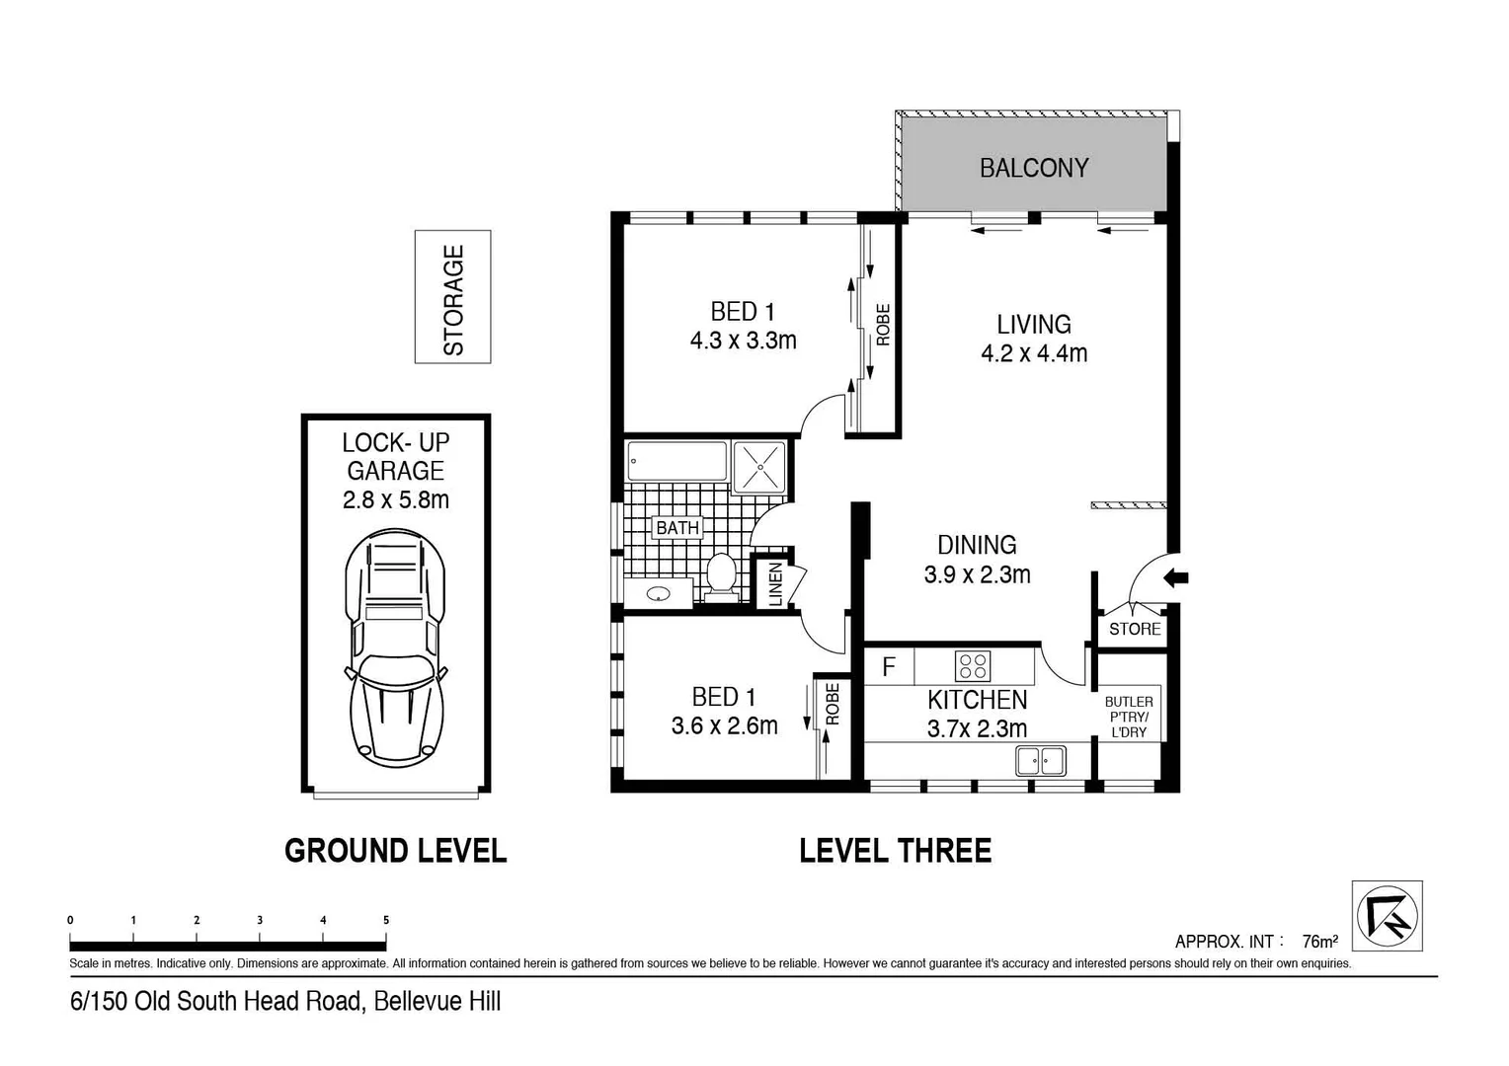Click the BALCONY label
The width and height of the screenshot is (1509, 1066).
(1033, 168)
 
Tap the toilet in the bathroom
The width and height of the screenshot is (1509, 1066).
(721, 576)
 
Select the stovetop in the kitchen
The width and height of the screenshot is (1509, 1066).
(973, 666)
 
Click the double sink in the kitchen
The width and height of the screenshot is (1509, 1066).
(1041, 761)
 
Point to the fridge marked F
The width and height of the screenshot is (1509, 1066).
(889, 666)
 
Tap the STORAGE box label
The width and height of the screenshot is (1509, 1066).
(453, 299)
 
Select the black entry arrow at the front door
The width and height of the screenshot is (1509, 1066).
(1175, 578)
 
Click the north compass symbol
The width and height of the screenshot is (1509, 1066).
(1387, 915)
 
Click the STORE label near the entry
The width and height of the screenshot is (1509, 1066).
(1134, 629)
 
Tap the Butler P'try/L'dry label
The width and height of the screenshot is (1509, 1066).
(1128, 717)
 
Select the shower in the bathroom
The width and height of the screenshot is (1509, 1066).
(759, 466)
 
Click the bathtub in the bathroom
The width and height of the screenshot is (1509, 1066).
(677, 462)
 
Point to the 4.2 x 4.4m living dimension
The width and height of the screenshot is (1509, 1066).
(1033, 353)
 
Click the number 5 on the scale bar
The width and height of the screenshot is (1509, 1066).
(386, 920)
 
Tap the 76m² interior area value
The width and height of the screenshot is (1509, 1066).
(1319, 941)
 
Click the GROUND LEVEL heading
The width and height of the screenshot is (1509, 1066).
(395, 851)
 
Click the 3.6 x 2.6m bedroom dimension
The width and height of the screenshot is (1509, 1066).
(724, 726)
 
